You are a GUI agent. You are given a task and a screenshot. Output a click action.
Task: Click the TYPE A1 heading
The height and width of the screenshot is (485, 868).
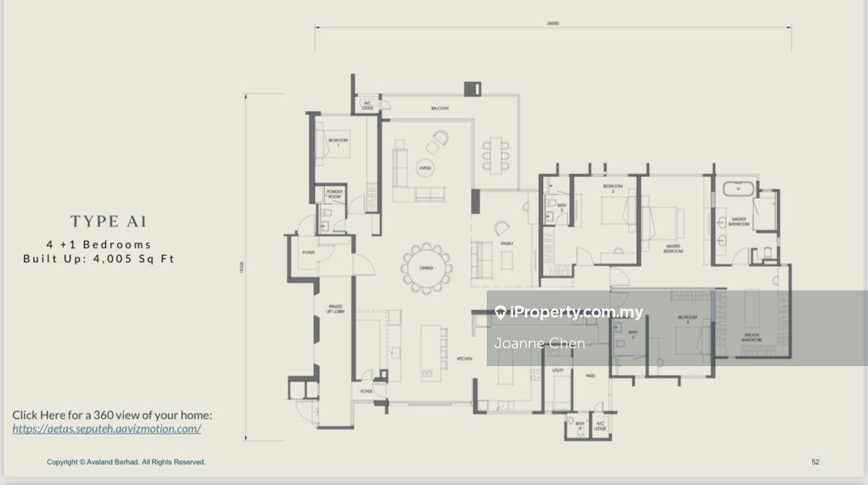coord(109,222)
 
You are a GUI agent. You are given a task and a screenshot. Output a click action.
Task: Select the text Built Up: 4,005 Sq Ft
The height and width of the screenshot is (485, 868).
coord(99,259)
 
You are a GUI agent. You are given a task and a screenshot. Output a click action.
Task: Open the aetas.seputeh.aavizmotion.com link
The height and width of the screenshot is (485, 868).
coord(107,429)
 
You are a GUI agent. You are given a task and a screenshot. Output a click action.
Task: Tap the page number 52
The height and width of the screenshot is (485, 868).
coord(815,462)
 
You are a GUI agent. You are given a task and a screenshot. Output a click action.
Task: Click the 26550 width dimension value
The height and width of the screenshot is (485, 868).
coord(553,24)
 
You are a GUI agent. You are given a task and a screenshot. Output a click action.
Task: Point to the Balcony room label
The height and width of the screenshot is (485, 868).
coord(440,108)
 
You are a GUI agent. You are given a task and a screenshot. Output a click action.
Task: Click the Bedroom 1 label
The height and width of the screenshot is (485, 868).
coord(337,142)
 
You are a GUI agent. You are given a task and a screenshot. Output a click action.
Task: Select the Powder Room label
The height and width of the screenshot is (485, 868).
coord(335,194)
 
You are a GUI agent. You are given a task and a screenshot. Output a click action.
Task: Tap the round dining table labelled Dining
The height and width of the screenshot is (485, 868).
coord(426,268)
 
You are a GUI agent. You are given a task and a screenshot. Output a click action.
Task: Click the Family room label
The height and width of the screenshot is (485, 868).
coord(507,244)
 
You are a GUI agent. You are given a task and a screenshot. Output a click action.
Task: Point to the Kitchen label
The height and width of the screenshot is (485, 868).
coord(464,359)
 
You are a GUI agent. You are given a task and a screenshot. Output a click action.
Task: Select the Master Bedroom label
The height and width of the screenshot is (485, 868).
coord(673,249)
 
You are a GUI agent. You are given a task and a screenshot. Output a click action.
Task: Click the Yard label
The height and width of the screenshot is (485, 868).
coord(590,376)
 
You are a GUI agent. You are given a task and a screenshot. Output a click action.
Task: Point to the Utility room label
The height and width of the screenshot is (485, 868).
coord(558,370)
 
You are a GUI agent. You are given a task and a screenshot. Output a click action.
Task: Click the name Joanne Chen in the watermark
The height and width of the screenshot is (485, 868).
coord(539,343)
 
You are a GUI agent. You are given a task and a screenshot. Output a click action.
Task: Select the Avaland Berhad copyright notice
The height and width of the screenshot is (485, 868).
coord(126,462)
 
